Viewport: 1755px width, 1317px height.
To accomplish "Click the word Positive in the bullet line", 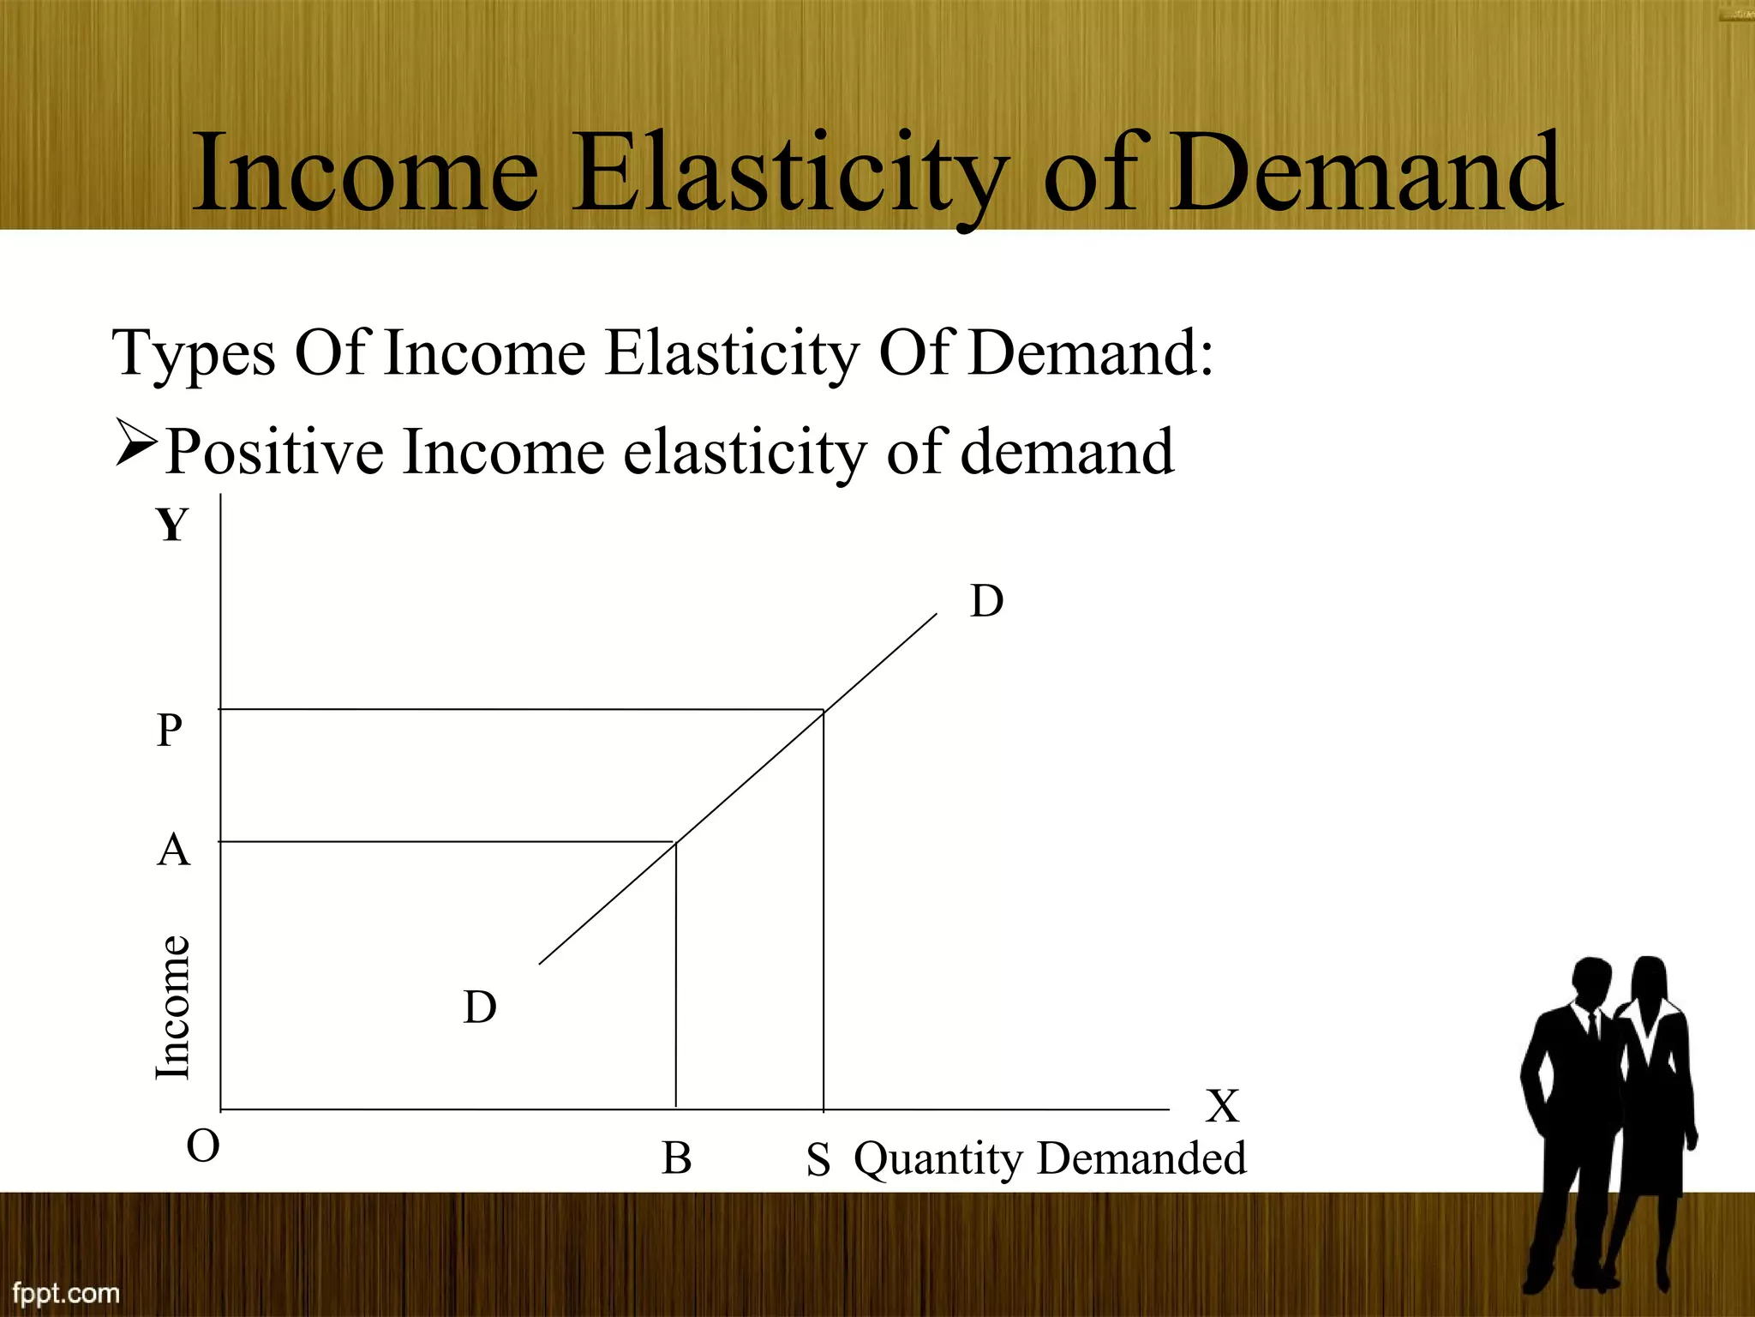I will click(274, 452).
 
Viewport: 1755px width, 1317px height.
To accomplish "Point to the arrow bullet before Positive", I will click(135, 443).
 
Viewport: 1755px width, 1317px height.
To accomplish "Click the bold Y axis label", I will click(172, 525).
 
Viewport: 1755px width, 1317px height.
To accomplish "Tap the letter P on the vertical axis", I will click(170, 731).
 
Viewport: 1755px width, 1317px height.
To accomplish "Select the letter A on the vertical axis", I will click(173, 851).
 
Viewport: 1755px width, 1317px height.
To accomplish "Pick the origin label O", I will click(203, 1146).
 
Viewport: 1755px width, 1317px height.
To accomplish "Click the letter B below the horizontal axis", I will click(676, 1158).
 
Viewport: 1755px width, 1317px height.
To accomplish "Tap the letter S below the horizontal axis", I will click(818, 1161).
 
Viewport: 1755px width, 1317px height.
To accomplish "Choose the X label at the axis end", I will click(1222, 1106).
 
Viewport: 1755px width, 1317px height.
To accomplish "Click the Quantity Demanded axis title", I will click(1050, 1159).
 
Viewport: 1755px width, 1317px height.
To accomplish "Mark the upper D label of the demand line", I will click(986, 601).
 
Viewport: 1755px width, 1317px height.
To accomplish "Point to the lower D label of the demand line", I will click(480, 1007).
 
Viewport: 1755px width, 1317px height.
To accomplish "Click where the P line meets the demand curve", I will click(824, 710).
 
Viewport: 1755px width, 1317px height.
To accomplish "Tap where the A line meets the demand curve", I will click(676, 843).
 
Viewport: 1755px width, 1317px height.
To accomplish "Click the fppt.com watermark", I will click(66, 1292).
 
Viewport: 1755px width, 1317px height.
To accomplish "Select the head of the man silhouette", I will click(1592, 982).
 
